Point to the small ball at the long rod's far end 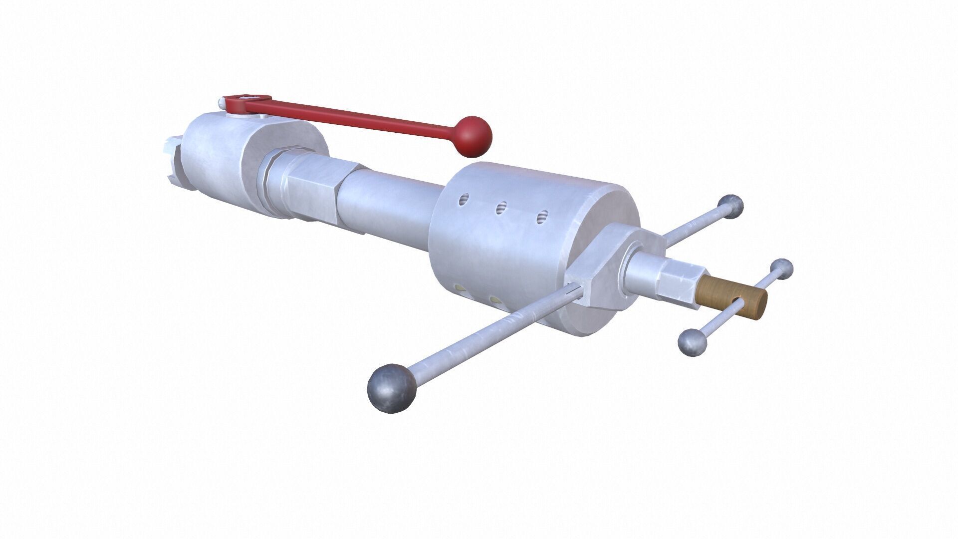click(730, 206)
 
